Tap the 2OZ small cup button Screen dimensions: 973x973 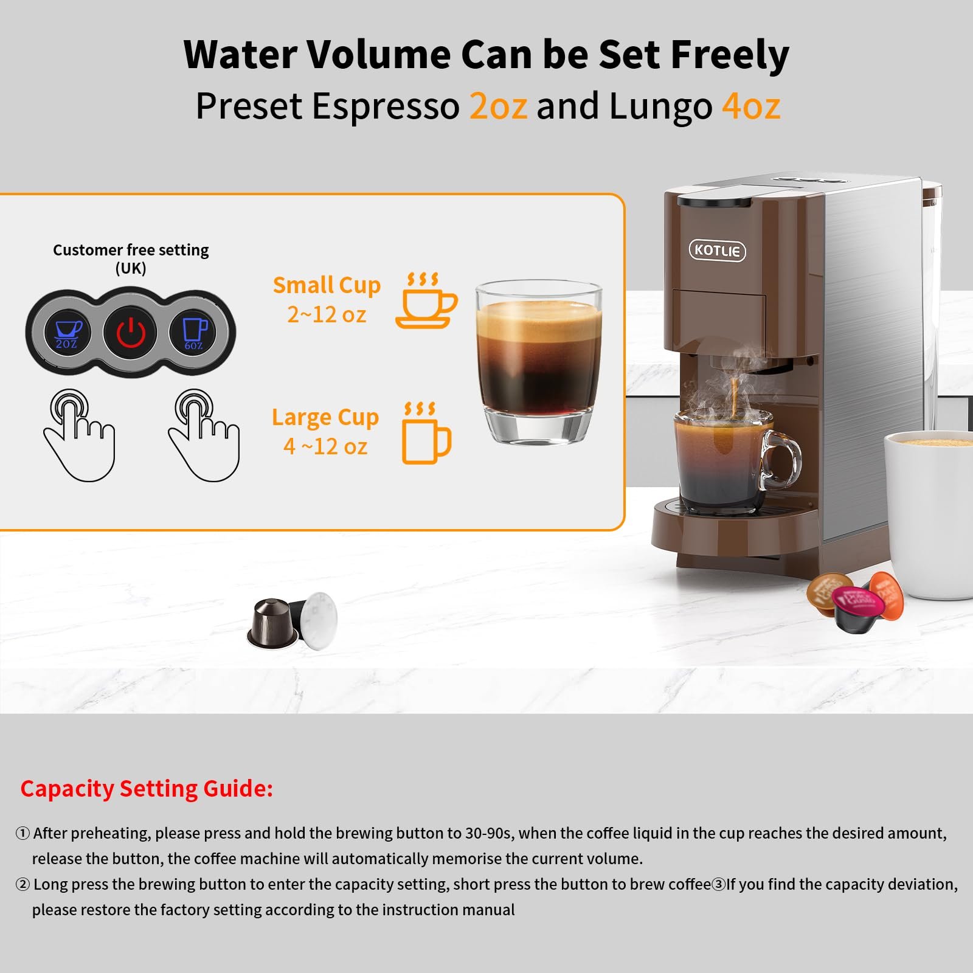pos(67,333)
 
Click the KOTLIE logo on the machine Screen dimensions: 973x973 pos(717,251)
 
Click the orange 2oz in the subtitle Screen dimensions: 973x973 pos(497,106)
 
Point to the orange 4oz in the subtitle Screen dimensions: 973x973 pos(750,106)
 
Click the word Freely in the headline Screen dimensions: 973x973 pos(729,55)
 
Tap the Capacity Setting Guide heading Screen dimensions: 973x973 pos(147,788)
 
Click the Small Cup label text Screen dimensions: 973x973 pos(327,285)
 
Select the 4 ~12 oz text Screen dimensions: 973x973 pos(325,446)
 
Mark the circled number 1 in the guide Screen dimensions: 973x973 pos(23,833)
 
